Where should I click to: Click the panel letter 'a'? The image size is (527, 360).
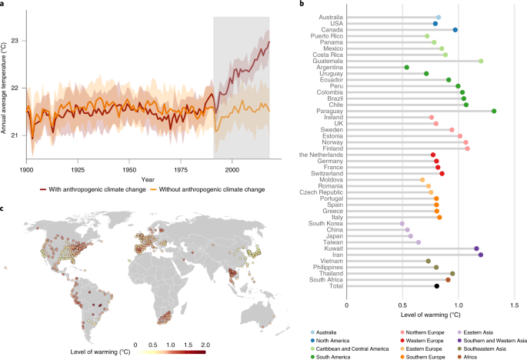pos(5,5)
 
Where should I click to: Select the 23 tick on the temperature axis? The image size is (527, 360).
pos(18,40)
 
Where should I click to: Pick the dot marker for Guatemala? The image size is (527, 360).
pos(481,61)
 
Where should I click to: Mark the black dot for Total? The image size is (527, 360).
pos(436,286)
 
